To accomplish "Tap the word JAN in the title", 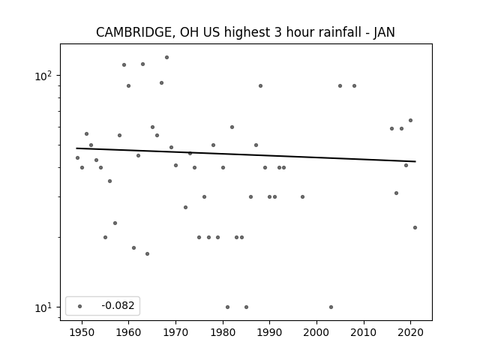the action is [x=384, y=32].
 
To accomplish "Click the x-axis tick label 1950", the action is [x=82, y=332].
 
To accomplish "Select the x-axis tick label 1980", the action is [x=223, y=332].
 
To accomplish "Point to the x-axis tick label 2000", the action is [x=316, y=332].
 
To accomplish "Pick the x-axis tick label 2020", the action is [x=410, y=332].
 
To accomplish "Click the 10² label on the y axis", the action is [x=43, y=76].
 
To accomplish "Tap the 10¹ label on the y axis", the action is [x=43, y=307].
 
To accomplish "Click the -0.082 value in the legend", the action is [x=118, y=305].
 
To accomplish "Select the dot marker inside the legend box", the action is [x=80, y=306].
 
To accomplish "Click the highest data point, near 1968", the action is [x=166, y=57].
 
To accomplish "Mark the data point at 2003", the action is [x=331, y=307].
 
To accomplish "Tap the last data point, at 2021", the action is [x=415, y=227].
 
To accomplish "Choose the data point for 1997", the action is [x=302, y=196].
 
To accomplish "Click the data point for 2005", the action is [x=340, y=85].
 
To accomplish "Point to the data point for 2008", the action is [x=354, y=85].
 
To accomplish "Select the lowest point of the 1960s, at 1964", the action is [x=147, y=253].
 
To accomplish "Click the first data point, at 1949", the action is [x=77, y=157].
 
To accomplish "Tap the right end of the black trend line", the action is [x=415, y=161].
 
